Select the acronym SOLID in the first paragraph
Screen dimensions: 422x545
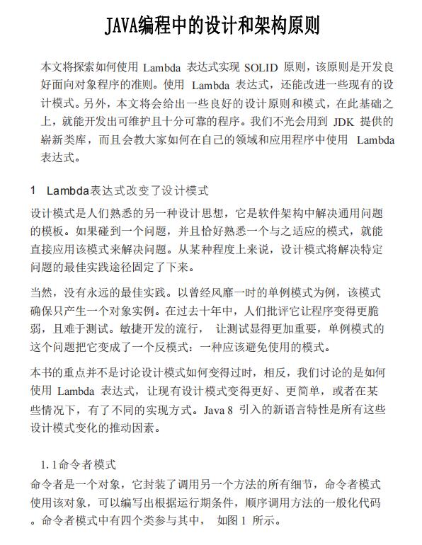(260, 68)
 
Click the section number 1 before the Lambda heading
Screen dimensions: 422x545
(33, 191)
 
